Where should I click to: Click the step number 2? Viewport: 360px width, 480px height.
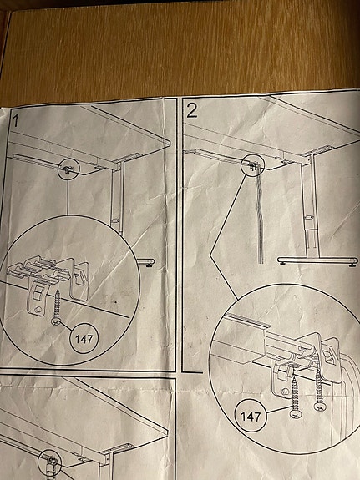coord(193,110)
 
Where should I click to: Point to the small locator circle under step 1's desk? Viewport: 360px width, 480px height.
coord(67,169)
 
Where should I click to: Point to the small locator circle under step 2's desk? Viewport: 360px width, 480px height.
coord(251,165)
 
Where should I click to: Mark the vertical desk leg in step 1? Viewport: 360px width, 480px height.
coord(119,209)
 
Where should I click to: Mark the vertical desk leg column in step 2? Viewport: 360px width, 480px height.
coord(312,209)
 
